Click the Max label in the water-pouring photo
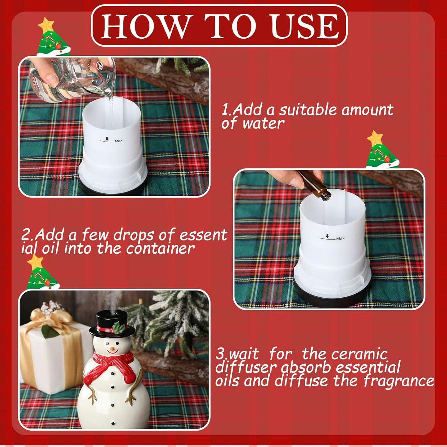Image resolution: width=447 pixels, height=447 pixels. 118,141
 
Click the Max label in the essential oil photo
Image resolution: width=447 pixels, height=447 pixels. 340,239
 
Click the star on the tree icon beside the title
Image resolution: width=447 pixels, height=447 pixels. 46,25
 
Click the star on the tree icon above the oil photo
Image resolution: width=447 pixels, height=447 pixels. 375,138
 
